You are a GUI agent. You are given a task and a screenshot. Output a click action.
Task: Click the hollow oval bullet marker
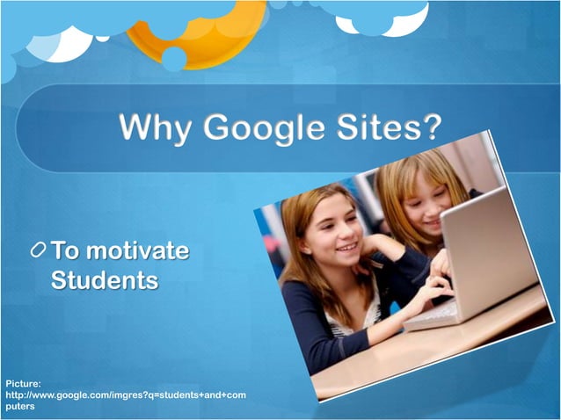[x=38, y=251]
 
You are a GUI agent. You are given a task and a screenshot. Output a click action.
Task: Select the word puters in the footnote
[x=20, y=407]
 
